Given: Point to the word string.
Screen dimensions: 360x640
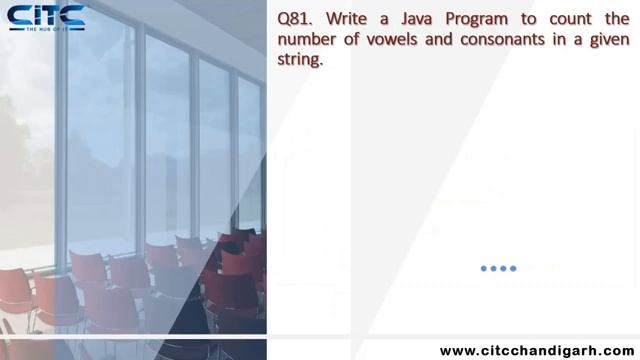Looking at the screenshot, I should point(299,60).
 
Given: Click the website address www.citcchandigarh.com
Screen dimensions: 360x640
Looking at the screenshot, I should point(538,350).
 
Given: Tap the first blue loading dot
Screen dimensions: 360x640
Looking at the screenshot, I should point(484,268).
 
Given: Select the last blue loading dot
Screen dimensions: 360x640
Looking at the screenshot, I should point(514,268).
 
